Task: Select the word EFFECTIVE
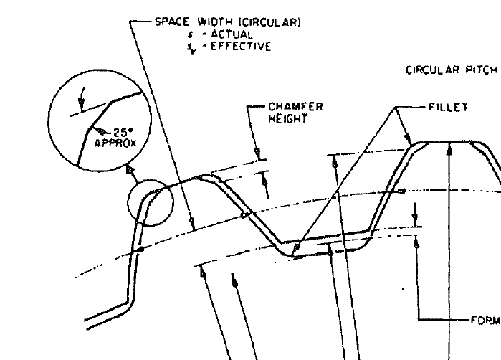tap(249, 47)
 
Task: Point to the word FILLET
tap(448, 108)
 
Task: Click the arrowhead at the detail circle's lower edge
tap(129, 171)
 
